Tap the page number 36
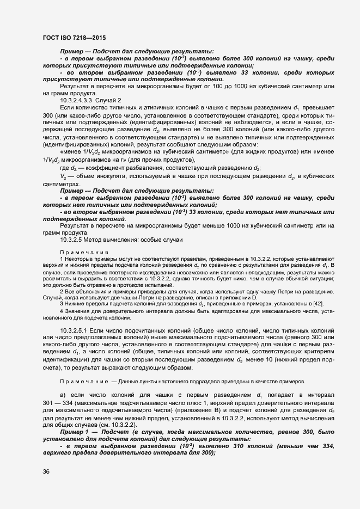pyautogui.click(x=46, y=472)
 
